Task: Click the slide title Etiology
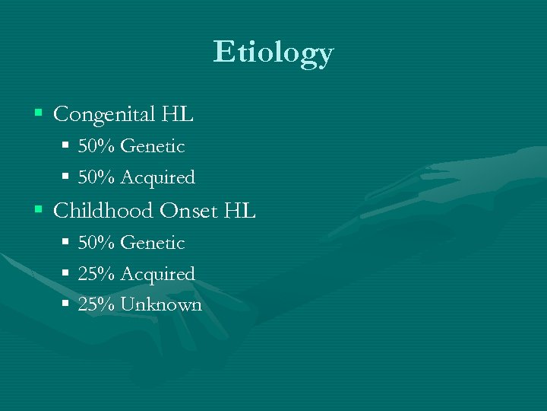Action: pyautogui.click(x=273, y=53)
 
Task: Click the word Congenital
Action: pyautogui.click(x=104, y=116)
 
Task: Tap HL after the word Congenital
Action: pyautogui.click(x=178, y=116)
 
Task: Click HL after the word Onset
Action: pyautogui.click(x=240, y=211)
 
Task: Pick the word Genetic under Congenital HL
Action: pyautogui.click(x=152, y=146)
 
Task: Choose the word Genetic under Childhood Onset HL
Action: pyautogui.click(x=152, y=244)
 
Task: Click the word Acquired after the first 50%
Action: pyautogui.click(x=157, y=178)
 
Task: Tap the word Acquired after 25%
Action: pyautogui.click(x=157, y=275)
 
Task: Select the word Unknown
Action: pyautogui.click(x=161, y=305)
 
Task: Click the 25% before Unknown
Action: pyautogui.click(x=96, y=305)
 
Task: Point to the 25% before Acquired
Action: pyautogui.click(x=96, y=275)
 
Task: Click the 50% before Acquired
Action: pyautogui.click(x=96, y=178)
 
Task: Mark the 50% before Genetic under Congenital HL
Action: pyautogui.click(x=96, y=146)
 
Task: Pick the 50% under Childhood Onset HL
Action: pyautogui.click(x=96, y=244)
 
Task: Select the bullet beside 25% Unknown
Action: pyautogui.click(x=66, y=304)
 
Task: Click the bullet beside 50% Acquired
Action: pyautogui.click(x=66, y=177)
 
